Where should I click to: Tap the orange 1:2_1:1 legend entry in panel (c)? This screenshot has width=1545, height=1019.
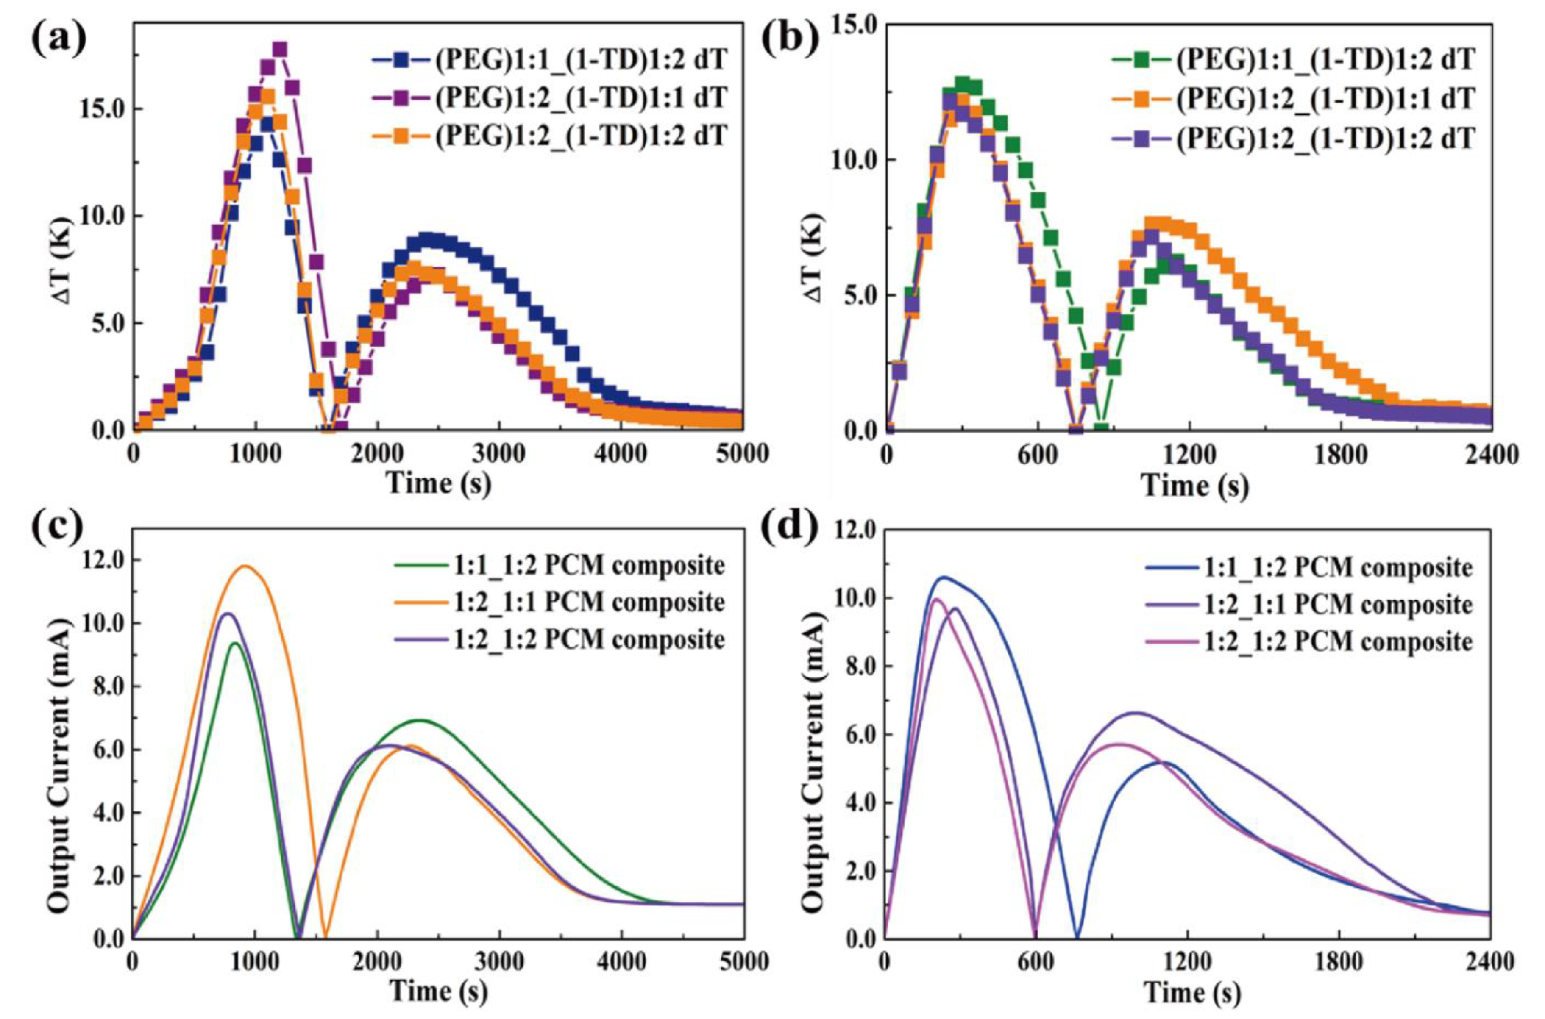pos(559,603)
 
